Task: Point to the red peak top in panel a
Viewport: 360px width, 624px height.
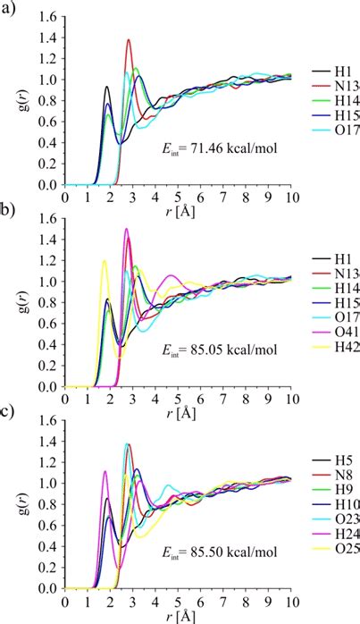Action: [129, 39]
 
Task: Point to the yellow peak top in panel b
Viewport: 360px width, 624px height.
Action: [105, 261]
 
